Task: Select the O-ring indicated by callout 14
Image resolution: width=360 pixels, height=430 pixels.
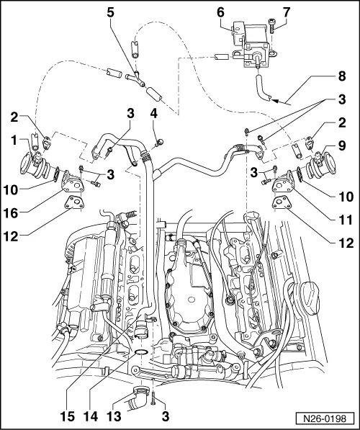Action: click(141, 352)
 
